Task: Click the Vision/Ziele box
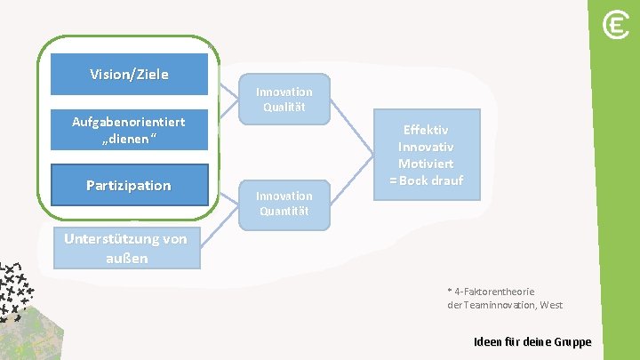pyautogui.click(x=130, y=74)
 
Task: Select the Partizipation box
pyautogui.click(x=129, y=185)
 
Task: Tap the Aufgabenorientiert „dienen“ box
pyautogui.click(x=129, y=130)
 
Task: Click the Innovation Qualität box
pyautogui.click(x=284, y=99)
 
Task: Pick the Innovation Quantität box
pyautogui.click(x=284, y=203)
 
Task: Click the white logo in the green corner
pyautogui.click(x=615, y=26)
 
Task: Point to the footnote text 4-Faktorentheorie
pyautogui.click(x=493, y=291)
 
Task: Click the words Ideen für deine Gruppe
pyautogui.click(x=532, y=342)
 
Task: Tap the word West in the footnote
pyautogui.click(x=550, y=305)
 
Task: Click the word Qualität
pyautogui.click(x=284, y=107)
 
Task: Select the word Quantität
pyautogui.click(x=284, y=211)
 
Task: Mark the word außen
pyautogui.click(x=125, y=259)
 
